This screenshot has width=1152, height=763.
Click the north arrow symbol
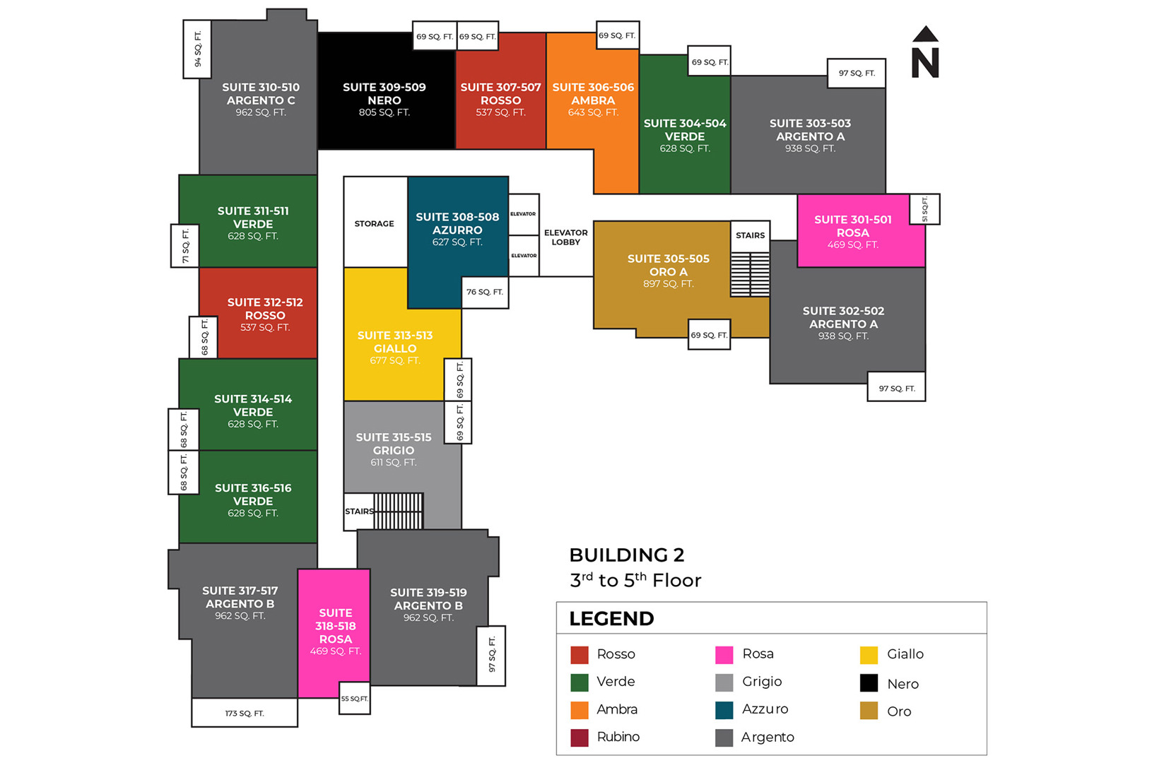tap(924, 53)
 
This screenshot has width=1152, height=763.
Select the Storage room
tap(375, 223)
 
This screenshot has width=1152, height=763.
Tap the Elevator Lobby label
tap(565, 237)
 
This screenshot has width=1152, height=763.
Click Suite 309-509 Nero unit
tap(384, 99)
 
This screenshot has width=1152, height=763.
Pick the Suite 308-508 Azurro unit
tap(457, 230)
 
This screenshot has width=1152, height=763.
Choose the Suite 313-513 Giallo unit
tap(395, 347)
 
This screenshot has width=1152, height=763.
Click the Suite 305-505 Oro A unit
tap(668, 271)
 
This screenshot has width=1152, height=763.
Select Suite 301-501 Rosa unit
tap(853, 232)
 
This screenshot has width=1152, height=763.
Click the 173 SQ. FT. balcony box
tap(245, 713)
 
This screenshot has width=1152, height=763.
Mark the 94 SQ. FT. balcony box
tap(197, 49)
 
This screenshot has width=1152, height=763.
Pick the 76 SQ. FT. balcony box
tap(485, 292)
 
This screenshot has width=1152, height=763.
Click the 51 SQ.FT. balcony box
tap(924, 209)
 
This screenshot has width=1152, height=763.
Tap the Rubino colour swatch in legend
tap(580, 738)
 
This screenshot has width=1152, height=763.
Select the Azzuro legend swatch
tap(724, 710)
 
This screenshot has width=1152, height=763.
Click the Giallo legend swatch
tap(869, 655)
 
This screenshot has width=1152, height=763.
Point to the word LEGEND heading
tap(611, 619)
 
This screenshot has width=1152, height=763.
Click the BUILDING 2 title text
tap(627, 555)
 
